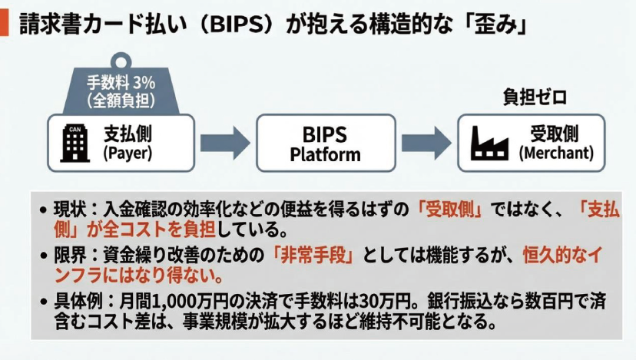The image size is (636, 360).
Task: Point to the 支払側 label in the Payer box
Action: point(128,134)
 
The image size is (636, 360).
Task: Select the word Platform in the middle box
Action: point(325,154)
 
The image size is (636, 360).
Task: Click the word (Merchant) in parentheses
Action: point(556,153)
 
